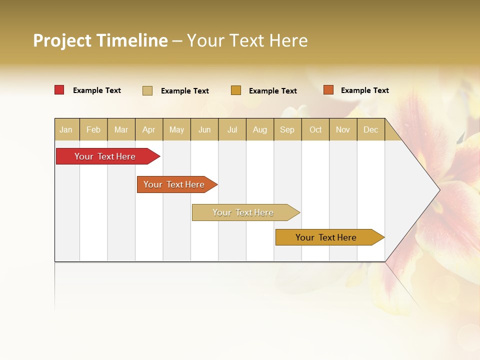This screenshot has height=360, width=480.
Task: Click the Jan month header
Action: (66, 129)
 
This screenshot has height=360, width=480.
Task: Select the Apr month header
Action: (148, 129)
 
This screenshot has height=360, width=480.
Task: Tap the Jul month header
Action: (232, 129)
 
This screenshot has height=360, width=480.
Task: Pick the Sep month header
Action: (287, 129)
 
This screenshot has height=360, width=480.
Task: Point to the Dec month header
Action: (370, 129)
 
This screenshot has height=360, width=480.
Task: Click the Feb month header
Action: (93, 129)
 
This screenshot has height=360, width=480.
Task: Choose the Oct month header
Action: (315, 129)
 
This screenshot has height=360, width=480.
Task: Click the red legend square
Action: (59, 90)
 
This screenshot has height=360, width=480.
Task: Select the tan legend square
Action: (147, 90)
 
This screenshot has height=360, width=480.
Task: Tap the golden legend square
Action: (236, 90)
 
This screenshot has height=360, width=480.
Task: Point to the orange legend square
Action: (328, 90)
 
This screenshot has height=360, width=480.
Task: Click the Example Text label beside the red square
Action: (97, 90)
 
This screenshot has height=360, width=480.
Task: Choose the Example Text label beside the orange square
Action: (364, 90)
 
